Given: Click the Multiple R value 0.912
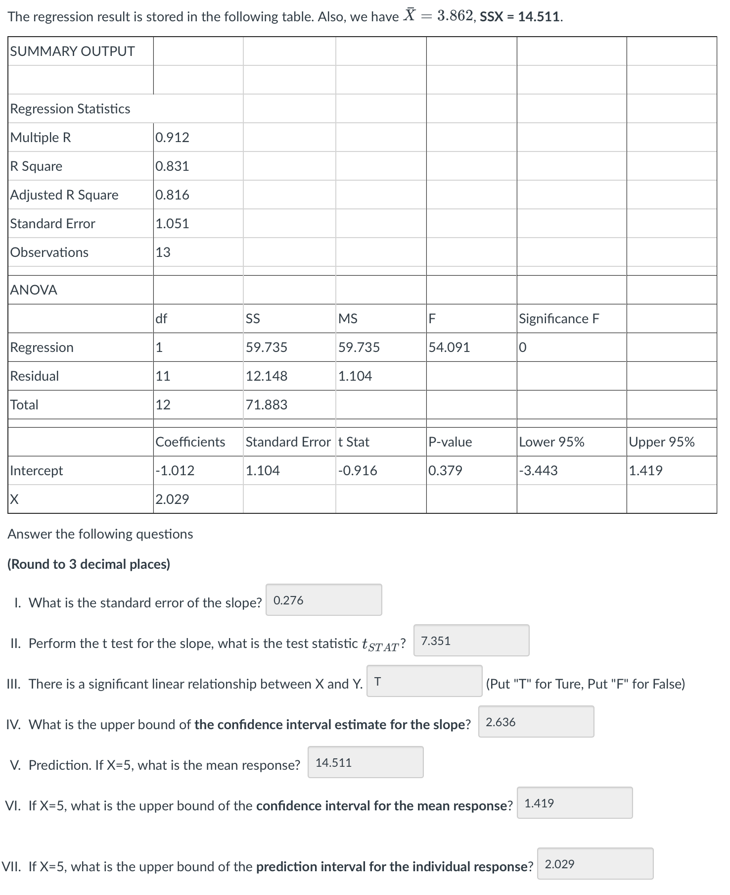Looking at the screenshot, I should point(172,138).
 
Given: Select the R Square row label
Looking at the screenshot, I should point(37,166).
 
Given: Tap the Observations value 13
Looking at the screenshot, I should point(163,252).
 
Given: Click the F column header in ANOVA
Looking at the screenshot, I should point(432,319).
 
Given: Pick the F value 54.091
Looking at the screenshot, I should point(449,348).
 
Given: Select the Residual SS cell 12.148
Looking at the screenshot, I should point(267,376).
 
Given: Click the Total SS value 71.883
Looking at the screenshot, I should point(267,405).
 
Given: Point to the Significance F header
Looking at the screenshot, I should point(559,319).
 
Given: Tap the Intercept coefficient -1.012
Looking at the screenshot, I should point(175,471).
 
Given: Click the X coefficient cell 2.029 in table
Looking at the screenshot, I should point(172,499).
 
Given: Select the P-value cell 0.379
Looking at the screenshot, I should point(445,471).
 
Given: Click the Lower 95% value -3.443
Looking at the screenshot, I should point(538,471).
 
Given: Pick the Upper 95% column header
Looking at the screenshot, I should point(662,442).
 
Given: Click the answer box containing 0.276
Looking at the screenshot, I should point(323,600).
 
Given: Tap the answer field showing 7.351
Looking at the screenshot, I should point(471,641).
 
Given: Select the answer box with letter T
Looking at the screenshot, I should point(424,681).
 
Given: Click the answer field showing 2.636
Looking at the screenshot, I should point(536,722).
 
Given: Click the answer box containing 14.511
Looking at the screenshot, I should point(365,762).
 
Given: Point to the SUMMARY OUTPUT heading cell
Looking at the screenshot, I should point(73,51).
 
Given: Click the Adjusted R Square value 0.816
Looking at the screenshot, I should point(172,195).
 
